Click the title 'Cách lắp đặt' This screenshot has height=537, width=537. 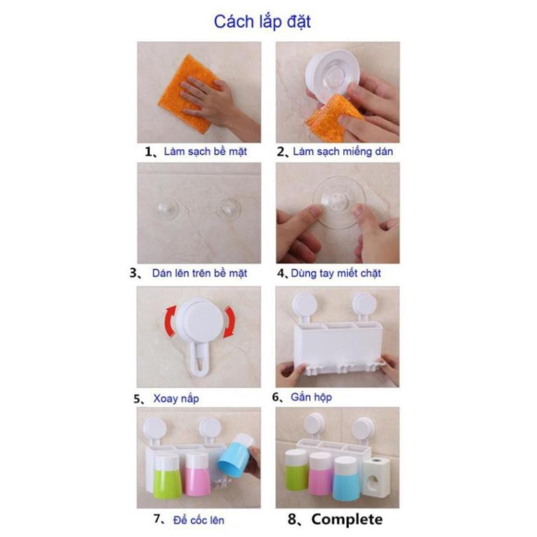pos(262,22)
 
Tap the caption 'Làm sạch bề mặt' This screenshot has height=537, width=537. pos(205,151)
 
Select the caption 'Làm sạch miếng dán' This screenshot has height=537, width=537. pos(343,151)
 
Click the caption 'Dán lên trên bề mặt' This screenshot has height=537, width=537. pos(200,273)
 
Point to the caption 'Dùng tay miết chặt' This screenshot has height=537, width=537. pos(335,273)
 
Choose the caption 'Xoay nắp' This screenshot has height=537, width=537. pos(176,399)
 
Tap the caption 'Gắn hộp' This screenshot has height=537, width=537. pos(311,397)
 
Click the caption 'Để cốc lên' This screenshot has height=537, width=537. pos(199,520)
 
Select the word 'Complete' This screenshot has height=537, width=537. pos(347,519)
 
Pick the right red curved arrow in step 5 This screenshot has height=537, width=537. pos(230,322)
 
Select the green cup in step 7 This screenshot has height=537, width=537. pos(168,477)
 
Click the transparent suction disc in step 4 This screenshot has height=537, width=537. pos(337,202)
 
